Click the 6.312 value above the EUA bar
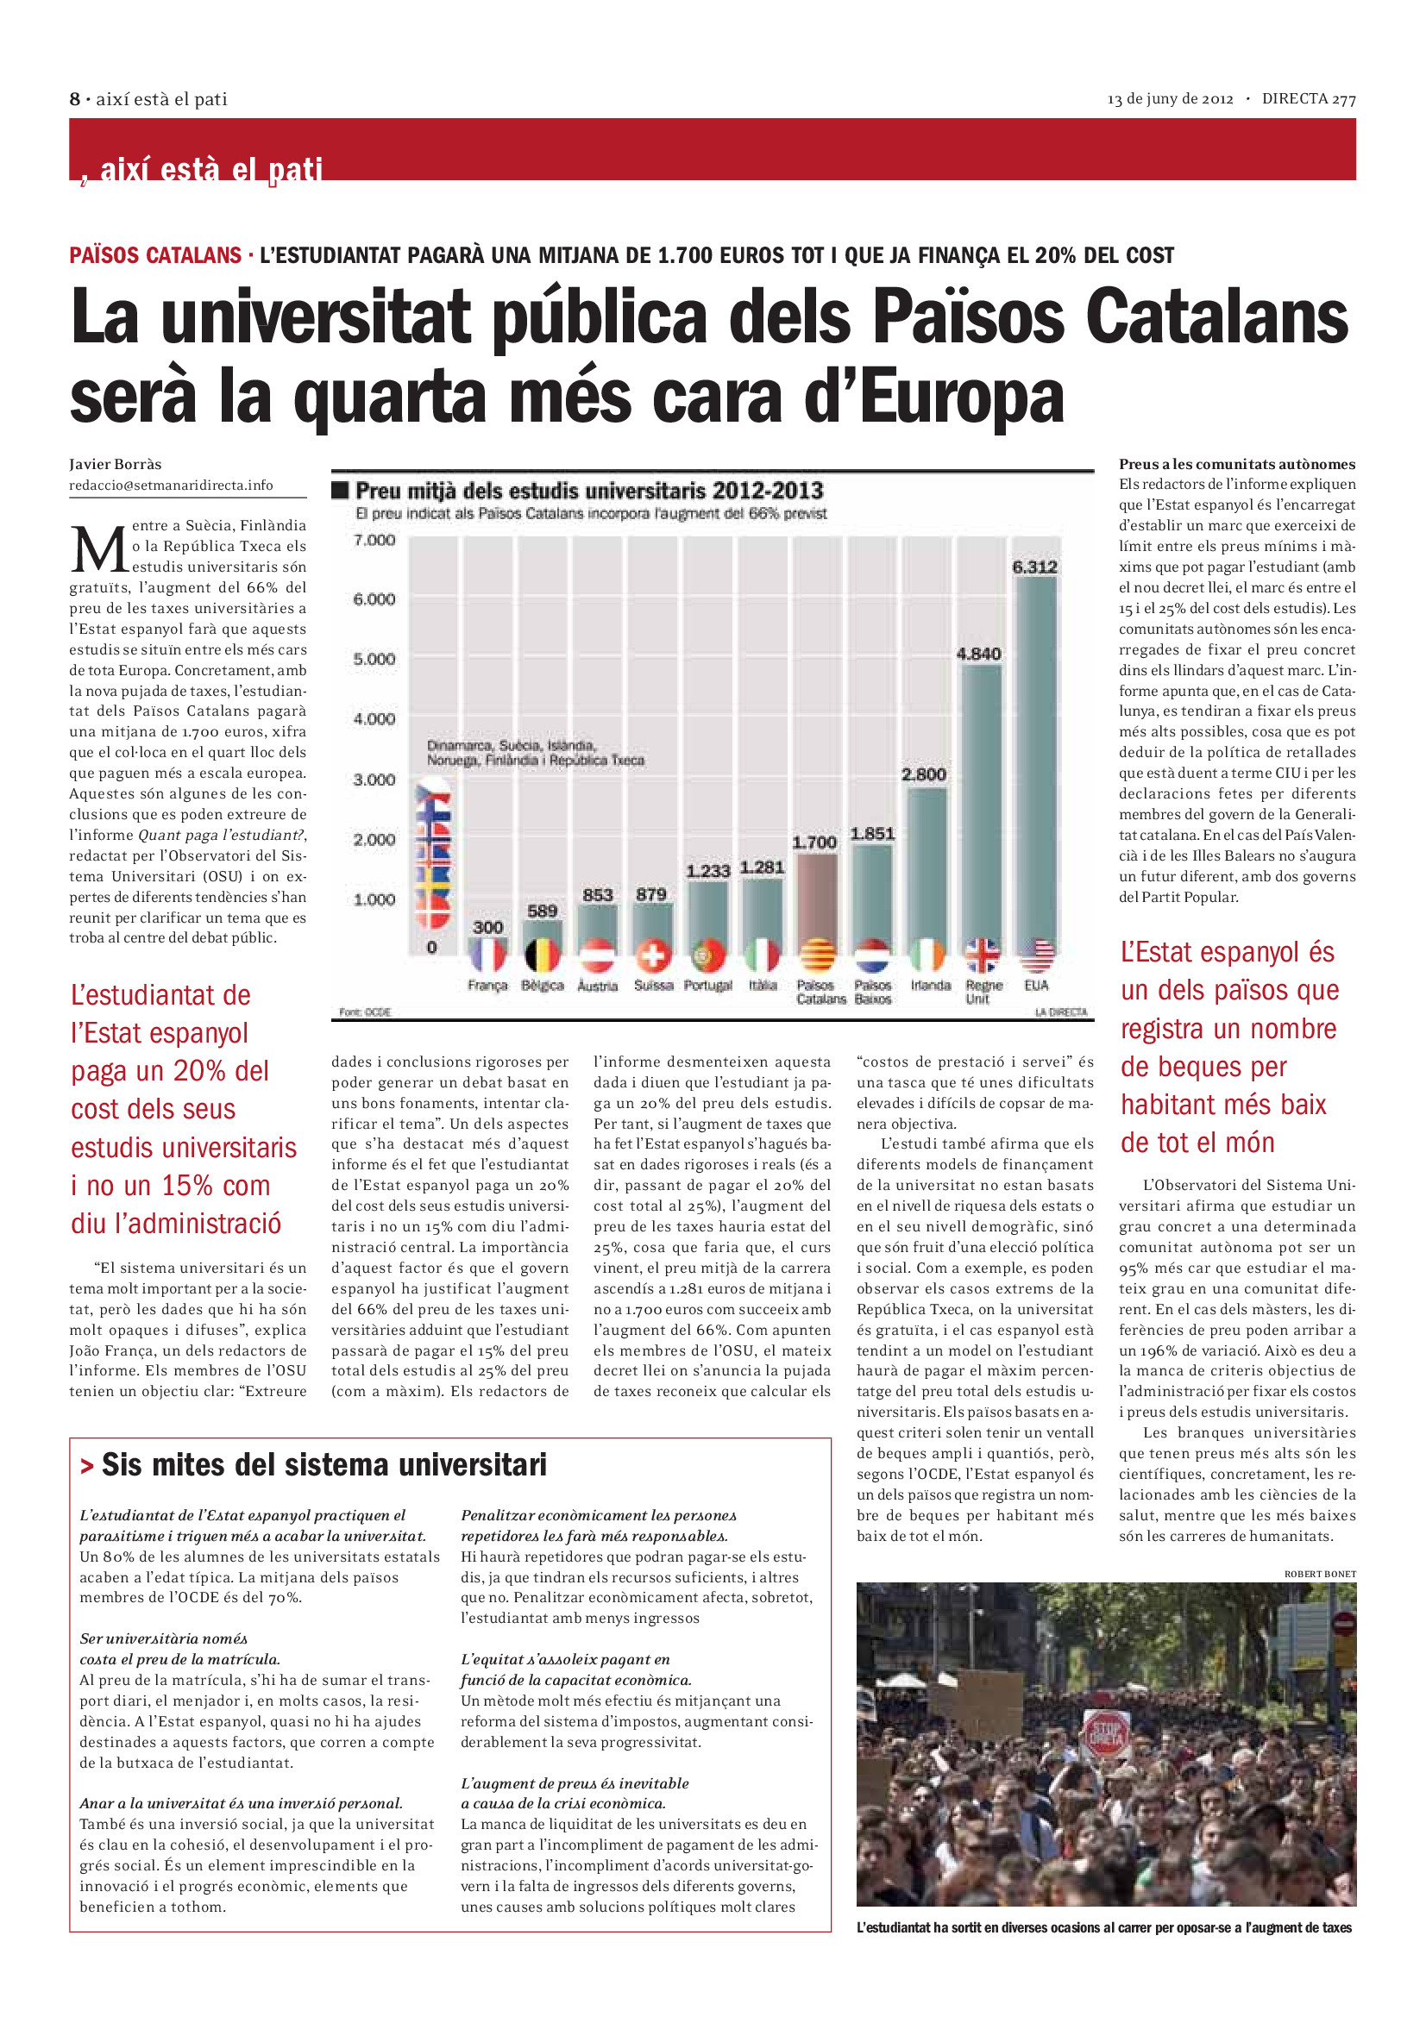tap(1034, 567)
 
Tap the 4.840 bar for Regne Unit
tap(980, 799)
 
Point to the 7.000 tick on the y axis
tap(374, 539)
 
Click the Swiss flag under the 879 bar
tap(653, 955)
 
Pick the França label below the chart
tap(487, 986)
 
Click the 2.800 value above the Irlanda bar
tap(923, 774)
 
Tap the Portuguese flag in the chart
tap(708, 955)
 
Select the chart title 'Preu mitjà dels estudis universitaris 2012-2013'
tap(588, 490)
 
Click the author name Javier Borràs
tap(115, 464)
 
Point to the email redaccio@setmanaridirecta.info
tap(172, 485)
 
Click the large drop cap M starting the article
tap(98, 550)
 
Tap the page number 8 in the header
tap(75, 99)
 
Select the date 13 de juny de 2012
tap(1170, 99)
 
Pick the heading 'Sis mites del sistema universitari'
tap(324, 1464)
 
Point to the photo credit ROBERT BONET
tap(1320, 1574)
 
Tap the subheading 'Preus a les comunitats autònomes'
tap(1236, 464)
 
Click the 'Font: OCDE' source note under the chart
tap(365, 1012)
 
